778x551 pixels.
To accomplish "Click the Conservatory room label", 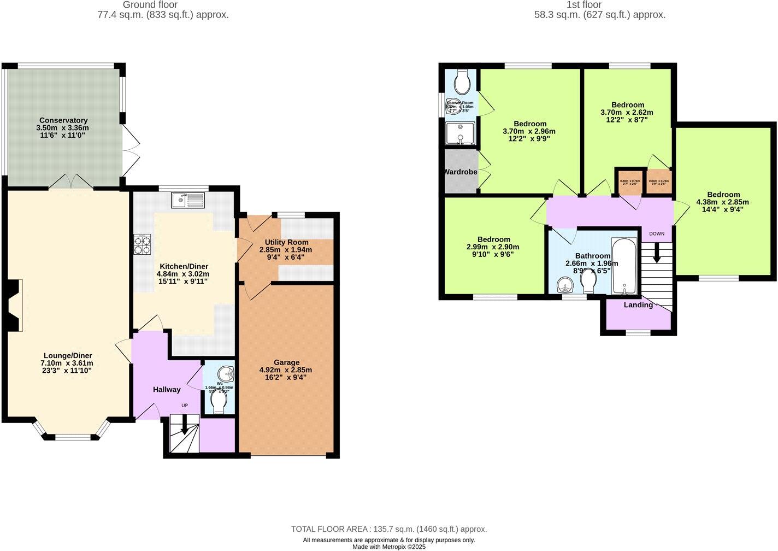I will point(63,120).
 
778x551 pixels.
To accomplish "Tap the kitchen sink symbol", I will point(187,201).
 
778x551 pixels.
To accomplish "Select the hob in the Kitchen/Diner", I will point(142,244).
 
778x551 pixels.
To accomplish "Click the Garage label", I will point(286,362).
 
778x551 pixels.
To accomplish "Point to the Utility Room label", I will point(286,242).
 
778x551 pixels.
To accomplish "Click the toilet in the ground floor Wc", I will point(219,403).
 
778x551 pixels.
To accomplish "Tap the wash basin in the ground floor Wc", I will point(225,374).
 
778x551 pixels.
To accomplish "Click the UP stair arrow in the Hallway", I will point(184,426).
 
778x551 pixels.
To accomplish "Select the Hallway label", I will point(166,390).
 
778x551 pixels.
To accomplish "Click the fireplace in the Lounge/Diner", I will point(13,306).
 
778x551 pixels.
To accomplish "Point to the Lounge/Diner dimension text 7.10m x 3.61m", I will point(67,363).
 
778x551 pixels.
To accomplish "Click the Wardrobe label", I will point(460,172).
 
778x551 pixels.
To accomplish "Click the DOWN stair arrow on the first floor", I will point(657,251).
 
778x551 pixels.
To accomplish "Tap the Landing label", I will point(638,305).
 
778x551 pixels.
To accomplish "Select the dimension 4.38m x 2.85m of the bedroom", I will point(722,202).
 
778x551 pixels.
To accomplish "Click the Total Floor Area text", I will point(388,529).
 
